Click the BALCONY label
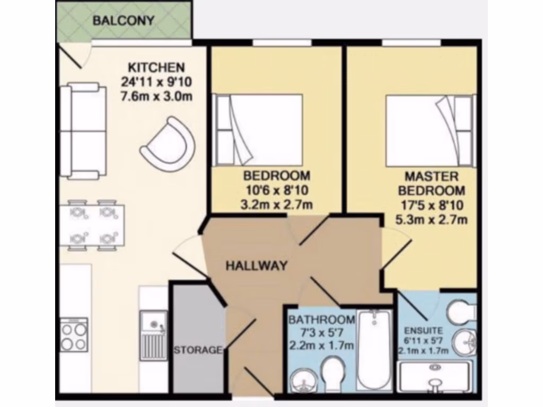coord(123,21)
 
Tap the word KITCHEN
coord(156,68)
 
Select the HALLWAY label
coord(257,266)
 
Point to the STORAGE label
coord(197,350)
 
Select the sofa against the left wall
coord(81,130)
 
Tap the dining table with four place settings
coord(92,225)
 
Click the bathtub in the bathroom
coord(374,350)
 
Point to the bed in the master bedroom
coord(430,131)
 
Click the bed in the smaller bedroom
coord(258,129)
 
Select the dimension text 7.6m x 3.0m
coord(156,96)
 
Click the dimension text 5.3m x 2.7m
coord(431,218)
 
